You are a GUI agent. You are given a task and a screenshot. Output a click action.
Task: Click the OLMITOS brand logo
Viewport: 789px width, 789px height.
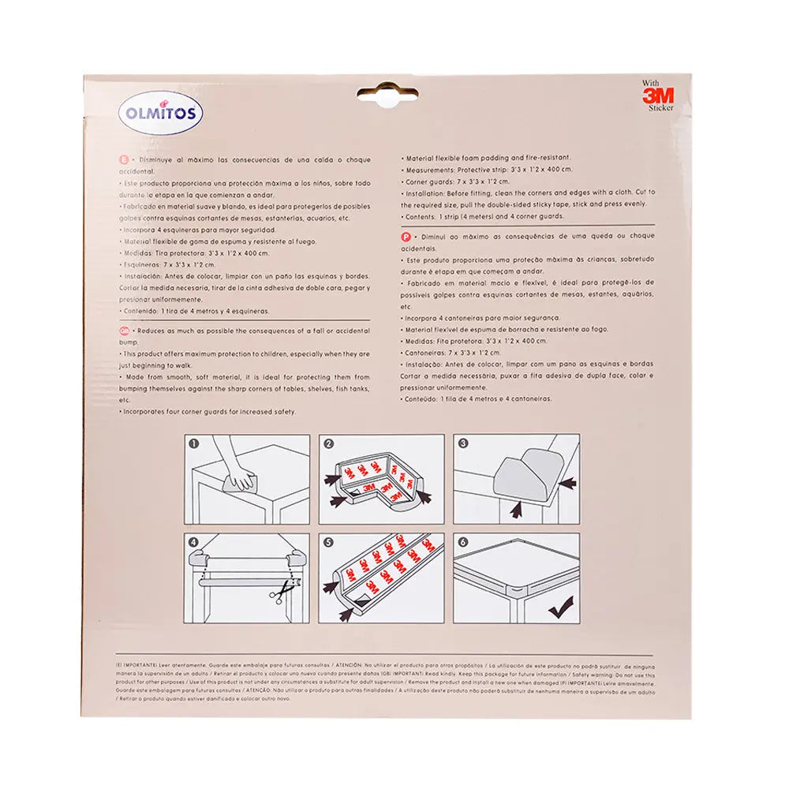(163, 113)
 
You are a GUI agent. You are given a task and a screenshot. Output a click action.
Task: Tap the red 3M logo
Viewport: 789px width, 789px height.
(657, 95)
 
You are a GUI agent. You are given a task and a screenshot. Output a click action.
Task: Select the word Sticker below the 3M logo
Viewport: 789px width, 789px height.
(661, 109)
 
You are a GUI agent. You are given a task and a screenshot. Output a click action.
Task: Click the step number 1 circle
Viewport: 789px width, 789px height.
(193, 443)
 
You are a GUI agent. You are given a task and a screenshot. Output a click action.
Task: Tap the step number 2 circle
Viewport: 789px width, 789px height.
(329, 443)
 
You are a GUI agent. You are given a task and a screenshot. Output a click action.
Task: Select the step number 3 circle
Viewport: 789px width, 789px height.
(464, 443)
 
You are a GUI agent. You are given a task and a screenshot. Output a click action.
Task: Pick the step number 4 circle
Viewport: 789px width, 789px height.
(193, 543)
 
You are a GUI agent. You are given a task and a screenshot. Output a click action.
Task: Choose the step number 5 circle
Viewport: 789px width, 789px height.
(329, 543)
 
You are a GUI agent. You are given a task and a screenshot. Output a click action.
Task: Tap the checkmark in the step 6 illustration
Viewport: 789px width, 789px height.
(561, 607)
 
